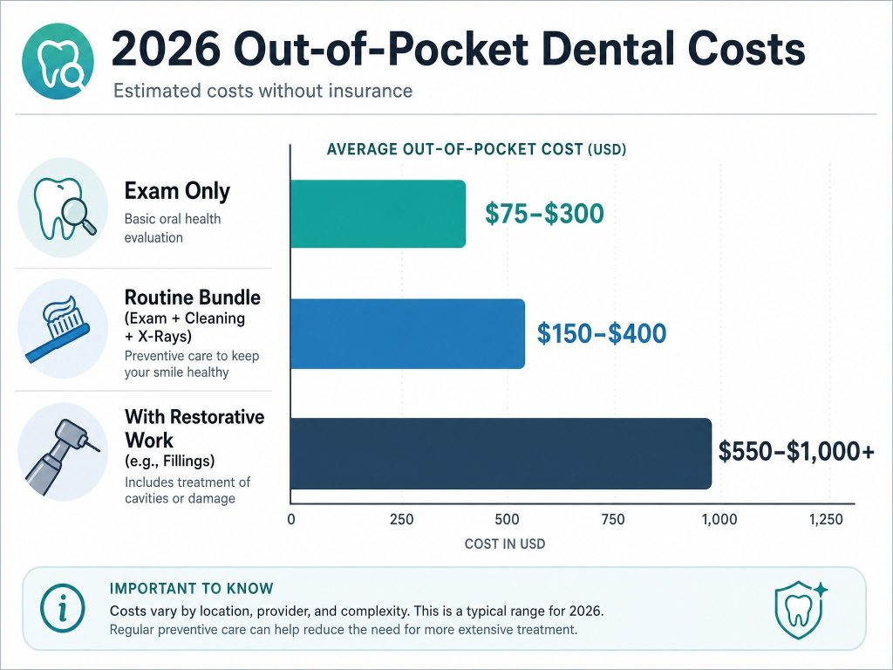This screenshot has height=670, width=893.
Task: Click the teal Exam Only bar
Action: [x=378, y=214]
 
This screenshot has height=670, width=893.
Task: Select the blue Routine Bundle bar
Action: [x=407, y=333]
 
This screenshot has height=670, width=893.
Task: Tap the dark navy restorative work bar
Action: [x=501, y=454]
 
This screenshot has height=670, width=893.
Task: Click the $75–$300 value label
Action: [x=544, y=215]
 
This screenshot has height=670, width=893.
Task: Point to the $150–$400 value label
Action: [x=602, y=333]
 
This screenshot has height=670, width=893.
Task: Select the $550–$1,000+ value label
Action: [x=796, y=451]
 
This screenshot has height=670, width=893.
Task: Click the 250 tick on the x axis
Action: [x=401, y=520]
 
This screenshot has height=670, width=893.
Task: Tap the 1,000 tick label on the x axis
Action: [x=719, y=520]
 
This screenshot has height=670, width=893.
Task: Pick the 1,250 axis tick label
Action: [x=826, y=520]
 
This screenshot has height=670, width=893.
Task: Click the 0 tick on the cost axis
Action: [x=291, y=520]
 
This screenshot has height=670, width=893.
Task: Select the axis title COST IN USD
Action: [x=505, y=544]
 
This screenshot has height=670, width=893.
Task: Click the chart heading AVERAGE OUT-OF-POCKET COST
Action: [x=454, y=149]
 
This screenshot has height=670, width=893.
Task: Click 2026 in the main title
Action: [x=166, y=49]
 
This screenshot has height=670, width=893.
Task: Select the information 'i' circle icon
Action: [x=63, y=610]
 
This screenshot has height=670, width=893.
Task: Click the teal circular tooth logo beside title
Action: [x=58, y=61]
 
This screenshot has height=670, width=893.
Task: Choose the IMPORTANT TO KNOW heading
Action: [x=191, y=589]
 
